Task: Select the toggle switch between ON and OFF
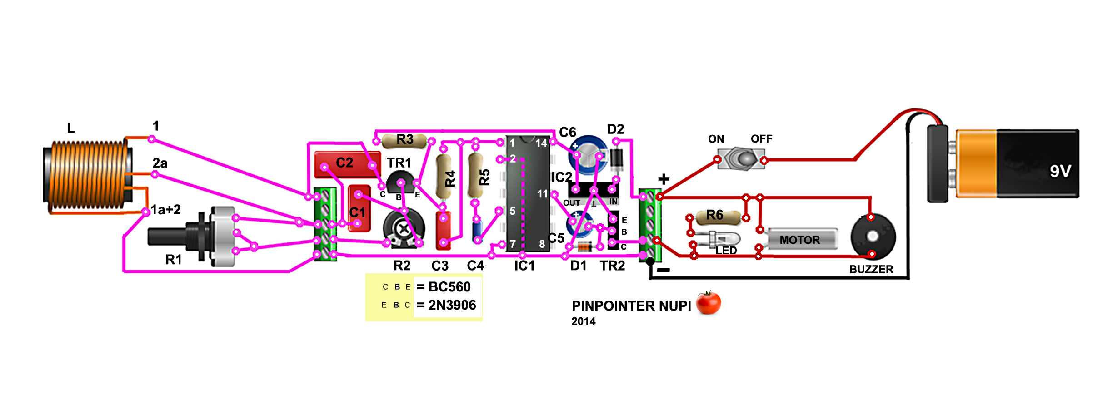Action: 741,159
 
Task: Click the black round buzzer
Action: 873,237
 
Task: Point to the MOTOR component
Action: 802,239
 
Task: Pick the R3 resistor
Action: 404,141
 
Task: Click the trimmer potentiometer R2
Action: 404,228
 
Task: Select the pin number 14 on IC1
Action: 541,143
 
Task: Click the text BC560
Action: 449,287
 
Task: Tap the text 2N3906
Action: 452,305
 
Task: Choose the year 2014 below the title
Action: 583,321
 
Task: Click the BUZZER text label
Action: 871,269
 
